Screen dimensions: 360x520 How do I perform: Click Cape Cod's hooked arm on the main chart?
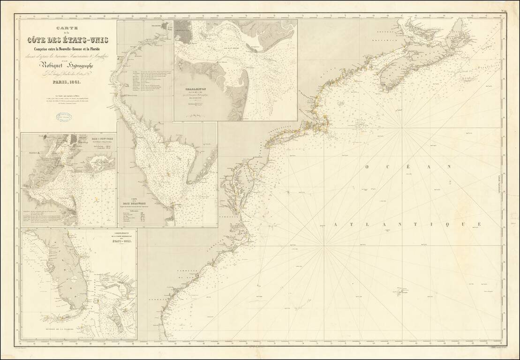[327, 123]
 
